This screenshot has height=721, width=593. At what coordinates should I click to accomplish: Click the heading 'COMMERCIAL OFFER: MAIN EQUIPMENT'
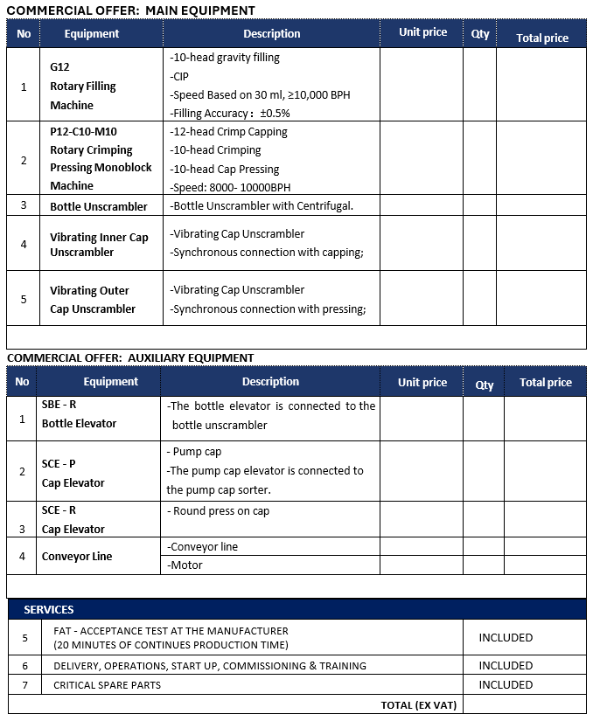coord(131,10)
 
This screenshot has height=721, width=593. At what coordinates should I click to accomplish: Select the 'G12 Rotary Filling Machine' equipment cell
coord(83,87)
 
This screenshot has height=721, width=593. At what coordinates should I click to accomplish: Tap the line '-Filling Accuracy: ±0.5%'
coord(230,114)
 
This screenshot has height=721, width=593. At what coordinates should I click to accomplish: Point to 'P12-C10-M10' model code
coord(83,132)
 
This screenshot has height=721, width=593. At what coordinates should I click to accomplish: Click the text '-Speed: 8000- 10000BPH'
coord(230,187)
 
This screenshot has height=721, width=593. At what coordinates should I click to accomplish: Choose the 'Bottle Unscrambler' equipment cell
coord(99,206)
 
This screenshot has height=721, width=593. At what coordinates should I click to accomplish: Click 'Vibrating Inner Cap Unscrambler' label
coord(99,245)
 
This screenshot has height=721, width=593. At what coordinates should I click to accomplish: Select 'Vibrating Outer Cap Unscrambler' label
coord(93,300)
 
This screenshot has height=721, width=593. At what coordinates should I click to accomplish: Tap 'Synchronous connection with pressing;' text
coord(268,309)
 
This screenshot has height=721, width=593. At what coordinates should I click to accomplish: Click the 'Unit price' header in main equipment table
coord(422,32)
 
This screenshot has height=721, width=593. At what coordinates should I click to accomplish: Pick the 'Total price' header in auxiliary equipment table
coord(545,383)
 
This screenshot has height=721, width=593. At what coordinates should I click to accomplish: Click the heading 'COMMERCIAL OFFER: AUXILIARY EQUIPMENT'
coord(130,357)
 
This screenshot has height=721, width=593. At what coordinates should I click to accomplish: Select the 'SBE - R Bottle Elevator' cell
coord(79,414)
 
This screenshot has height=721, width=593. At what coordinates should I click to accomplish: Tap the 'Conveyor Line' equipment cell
coord(77,557)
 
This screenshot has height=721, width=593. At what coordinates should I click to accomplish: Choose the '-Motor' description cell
coord(186,565)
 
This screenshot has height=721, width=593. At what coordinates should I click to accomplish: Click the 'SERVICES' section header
coord(49,609)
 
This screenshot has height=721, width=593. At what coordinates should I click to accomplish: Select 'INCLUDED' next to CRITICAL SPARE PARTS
coord(506,685)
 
